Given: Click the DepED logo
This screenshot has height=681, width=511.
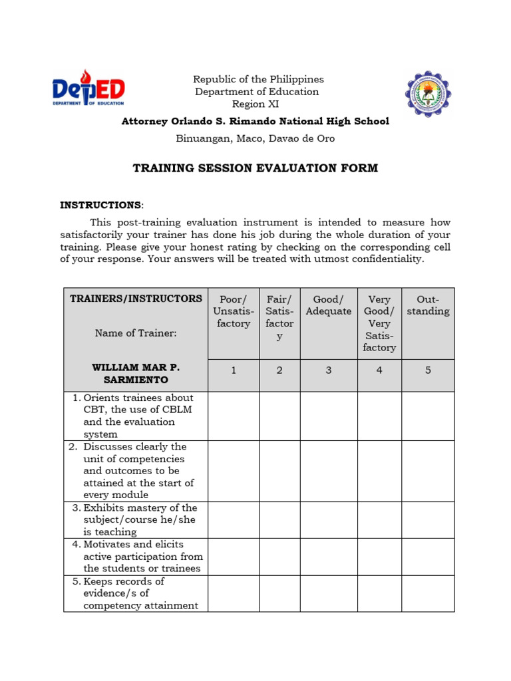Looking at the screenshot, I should point(88,89).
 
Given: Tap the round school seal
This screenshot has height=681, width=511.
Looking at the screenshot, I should point(428,94).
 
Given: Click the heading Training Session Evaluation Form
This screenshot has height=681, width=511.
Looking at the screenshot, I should point(255,168).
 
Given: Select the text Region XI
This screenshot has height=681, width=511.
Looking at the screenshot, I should point(255,104).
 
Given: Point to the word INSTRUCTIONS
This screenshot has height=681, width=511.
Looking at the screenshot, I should point(100,205).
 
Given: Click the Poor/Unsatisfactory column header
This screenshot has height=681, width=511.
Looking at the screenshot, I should point(234,311).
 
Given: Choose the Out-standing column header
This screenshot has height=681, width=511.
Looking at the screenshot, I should point(428,305).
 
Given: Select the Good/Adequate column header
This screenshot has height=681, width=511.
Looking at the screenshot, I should point(329,305).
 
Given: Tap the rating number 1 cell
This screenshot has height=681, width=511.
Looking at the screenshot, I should point(234,370).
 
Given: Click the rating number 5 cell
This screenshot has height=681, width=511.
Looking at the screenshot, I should point(428,370).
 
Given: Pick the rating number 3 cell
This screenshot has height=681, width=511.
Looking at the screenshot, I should point(329,370).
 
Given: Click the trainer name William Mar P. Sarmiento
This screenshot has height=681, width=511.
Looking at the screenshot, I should point(136,374).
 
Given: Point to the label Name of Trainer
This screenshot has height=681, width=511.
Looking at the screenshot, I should point(136,333).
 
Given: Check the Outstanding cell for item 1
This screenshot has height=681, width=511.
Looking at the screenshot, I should point(428,416).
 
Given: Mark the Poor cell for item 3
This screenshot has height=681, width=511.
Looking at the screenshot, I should point(234,519).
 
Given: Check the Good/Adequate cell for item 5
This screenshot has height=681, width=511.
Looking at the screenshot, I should point(329,593).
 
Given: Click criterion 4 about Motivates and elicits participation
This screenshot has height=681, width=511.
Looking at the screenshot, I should point(138,557).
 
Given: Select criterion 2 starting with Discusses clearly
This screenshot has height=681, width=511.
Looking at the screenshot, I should point(138,471).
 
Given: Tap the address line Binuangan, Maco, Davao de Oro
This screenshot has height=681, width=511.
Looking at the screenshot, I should point(255,139).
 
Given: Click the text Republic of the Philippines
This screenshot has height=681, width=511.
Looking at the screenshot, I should point(257,79).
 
